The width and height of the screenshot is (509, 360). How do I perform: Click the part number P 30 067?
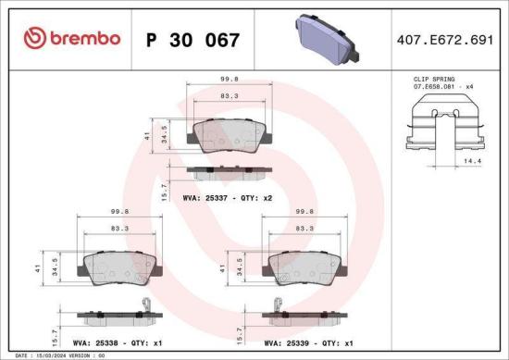pyautogui.click(x=193, y=40)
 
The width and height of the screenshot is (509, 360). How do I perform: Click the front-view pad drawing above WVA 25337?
pyautogui.click(x=224, y=135)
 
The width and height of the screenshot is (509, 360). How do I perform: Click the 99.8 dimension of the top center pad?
pyautogui.click(x=225, y=80)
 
